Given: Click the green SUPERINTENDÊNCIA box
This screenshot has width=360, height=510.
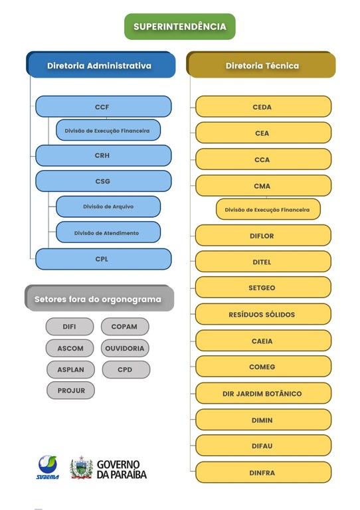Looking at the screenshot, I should pyautogui.click(x=179, y=27).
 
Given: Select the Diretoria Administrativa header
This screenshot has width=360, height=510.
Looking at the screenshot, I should pyautogui.click(x=100, y=66).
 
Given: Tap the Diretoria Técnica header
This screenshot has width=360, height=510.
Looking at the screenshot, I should pyautogui.click(x=262, y=66).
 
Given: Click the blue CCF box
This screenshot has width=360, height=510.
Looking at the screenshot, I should pyautogui.click(x=103, y=106).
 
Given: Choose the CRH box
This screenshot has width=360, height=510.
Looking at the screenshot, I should pyautogui.click(x=103, y=155).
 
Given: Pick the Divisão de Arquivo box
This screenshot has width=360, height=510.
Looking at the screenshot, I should pyautogui.click(x=108, y=207).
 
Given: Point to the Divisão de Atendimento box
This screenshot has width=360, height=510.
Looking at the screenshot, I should pyautogui.click(x=108, y=232).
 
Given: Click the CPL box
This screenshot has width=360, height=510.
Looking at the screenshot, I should pyautogui.click(x=103, y=259).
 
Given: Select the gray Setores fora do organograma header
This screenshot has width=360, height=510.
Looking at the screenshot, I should pyautogui.click(x=98, y=299).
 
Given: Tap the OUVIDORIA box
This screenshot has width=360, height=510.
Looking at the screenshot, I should pyautogui.click(x=125, y=348).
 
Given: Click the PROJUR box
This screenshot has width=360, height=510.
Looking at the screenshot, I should pyautogui.click(x=70, y=390).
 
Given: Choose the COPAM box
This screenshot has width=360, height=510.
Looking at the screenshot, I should pyautogui.click(x=125, y=327).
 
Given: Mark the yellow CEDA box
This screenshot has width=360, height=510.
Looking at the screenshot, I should pyautogui.click(x=263, y=107).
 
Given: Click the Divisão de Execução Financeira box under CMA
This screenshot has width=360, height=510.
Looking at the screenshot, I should pyautogui.click(x=267, y=210).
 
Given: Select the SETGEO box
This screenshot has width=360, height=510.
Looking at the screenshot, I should pyautogui.click(x=263, y=288).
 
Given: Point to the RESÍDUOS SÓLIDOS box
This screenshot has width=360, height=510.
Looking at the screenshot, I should pyautogui.click(x=263, y=314).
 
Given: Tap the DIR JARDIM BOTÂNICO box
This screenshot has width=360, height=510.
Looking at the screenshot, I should pyautogui.click(x=263, y=394).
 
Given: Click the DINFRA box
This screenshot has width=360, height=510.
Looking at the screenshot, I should pyautogui.click(x=263, y=473).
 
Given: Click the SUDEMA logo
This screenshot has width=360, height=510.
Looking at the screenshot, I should pyautogui.click(x=48, y=467).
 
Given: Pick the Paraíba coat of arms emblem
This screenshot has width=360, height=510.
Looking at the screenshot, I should pyautogui.click(x=82, y=467).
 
